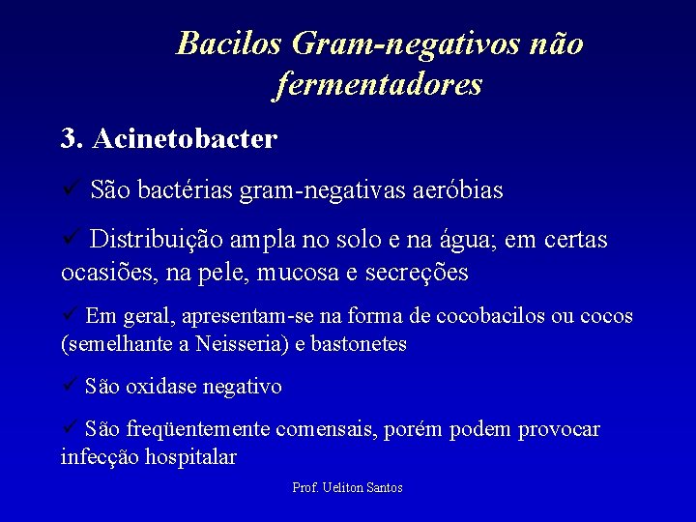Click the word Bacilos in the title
pyautogui.click(x=229, y=43)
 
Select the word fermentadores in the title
pyautogui.click(x=378, y=86)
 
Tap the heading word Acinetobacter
pyautogui.click(x=185, y=139)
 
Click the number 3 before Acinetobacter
pyautogui.click(x=69, y=139)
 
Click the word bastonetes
pyautogui.click(x=359, y=344)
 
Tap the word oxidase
pyautogui.click(x=164, y=388)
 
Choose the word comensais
pyautogui.click(x=328, y=429)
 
